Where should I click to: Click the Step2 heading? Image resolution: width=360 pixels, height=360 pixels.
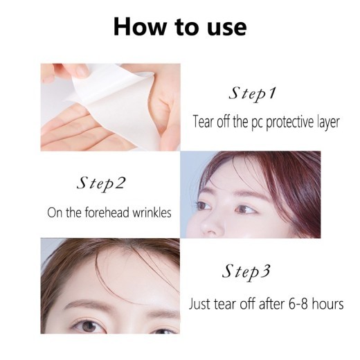tap(103, 185)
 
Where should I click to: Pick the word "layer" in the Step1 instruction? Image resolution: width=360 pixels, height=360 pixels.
tap(326, 122)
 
